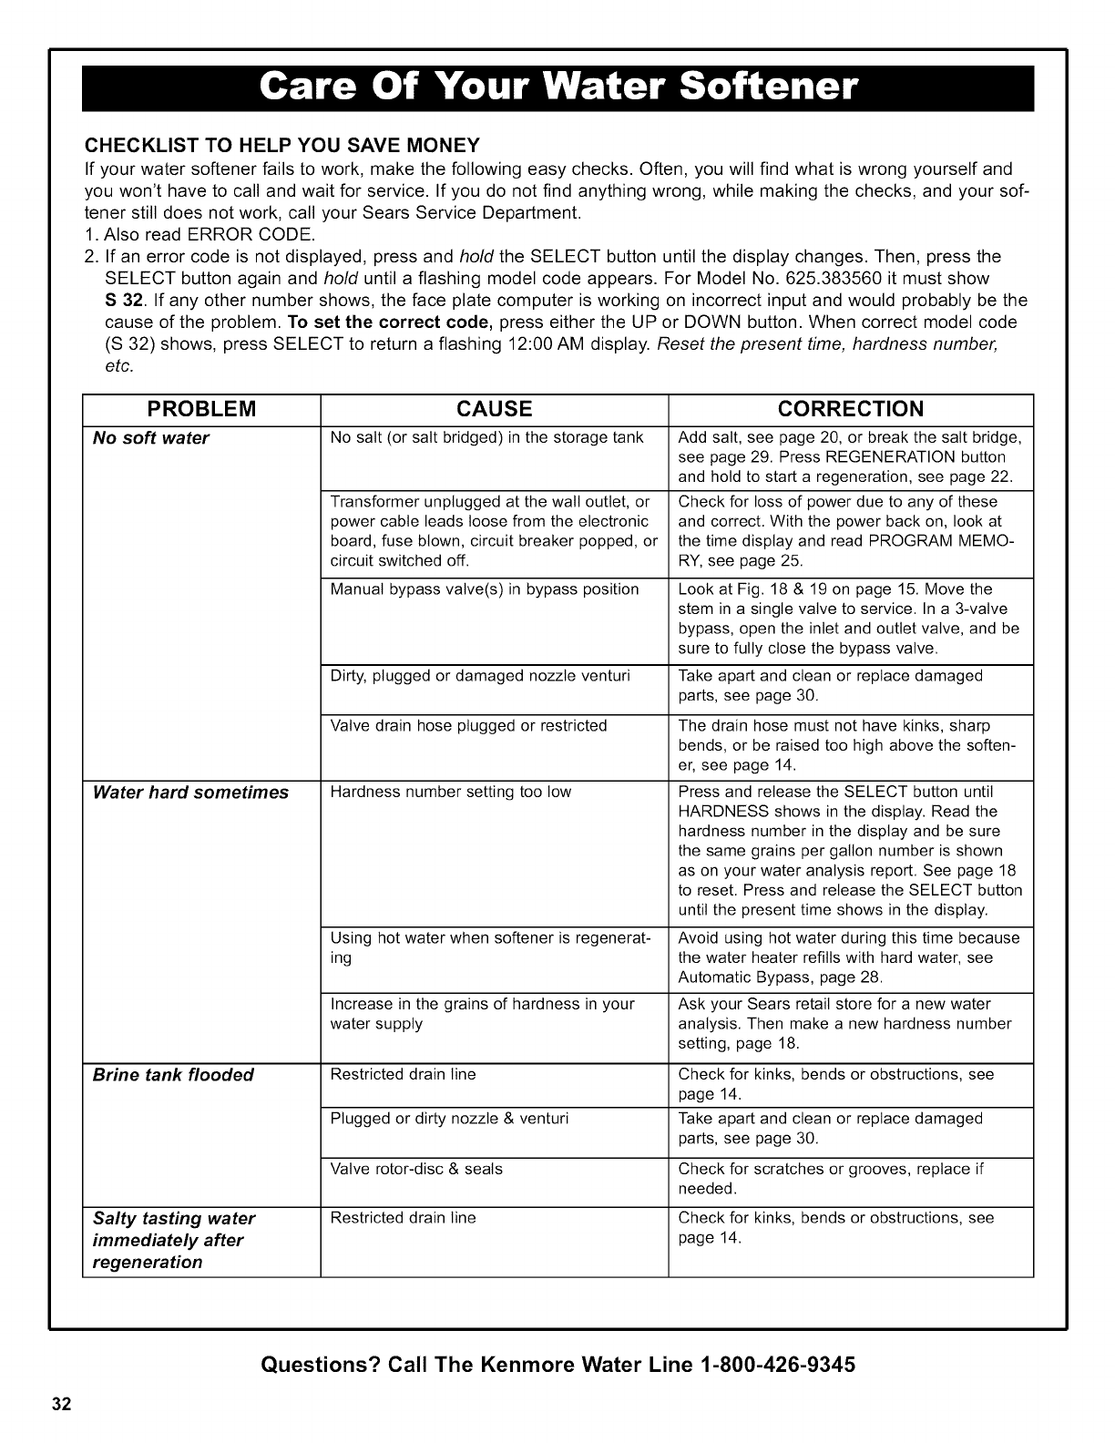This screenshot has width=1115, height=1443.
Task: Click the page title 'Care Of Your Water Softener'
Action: (557, 88)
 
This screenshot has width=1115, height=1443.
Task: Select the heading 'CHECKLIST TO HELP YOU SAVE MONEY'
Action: (281, 146)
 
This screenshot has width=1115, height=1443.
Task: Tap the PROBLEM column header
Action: (201, 408)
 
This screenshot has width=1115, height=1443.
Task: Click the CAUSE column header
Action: (494, 408)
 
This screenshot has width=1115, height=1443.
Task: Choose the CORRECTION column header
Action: (851, 408)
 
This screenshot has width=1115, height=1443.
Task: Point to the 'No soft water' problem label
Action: (151, 438)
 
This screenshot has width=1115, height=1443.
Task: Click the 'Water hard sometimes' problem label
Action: (190, 793)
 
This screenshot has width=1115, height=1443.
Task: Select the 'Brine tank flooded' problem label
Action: (173, 1075)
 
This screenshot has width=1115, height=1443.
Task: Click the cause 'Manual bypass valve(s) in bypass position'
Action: (485, 589)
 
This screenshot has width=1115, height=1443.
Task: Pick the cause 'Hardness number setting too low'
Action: (451, 793)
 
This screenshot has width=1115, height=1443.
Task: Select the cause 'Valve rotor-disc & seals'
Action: (416, 1169)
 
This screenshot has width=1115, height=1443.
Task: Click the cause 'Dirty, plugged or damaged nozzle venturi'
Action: (480, 676)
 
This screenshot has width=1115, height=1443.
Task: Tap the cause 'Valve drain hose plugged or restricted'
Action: (468, 726)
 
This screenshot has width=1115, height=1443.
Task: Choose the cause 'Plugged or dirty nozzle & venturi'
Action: (449, 1119)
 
